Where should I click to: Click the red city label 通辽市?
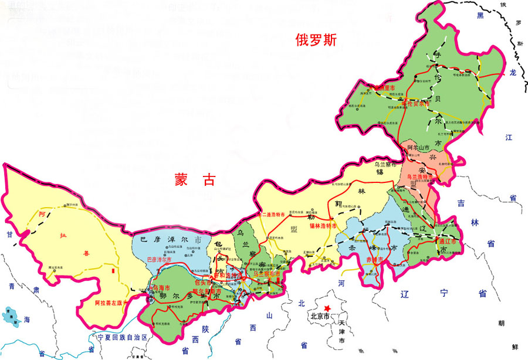click(x=450, y=241)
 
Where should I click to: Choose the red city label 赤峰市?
click(x=375, y=260)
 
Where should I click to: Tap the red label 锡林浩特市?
click(x=323, y=226)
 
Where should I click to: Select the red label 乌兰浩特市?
click(x=421, y=176)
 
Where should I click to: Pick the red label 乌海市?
click(x=161, y=288)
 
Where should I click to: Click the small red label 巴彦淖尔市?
click(x=160, y=259)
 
